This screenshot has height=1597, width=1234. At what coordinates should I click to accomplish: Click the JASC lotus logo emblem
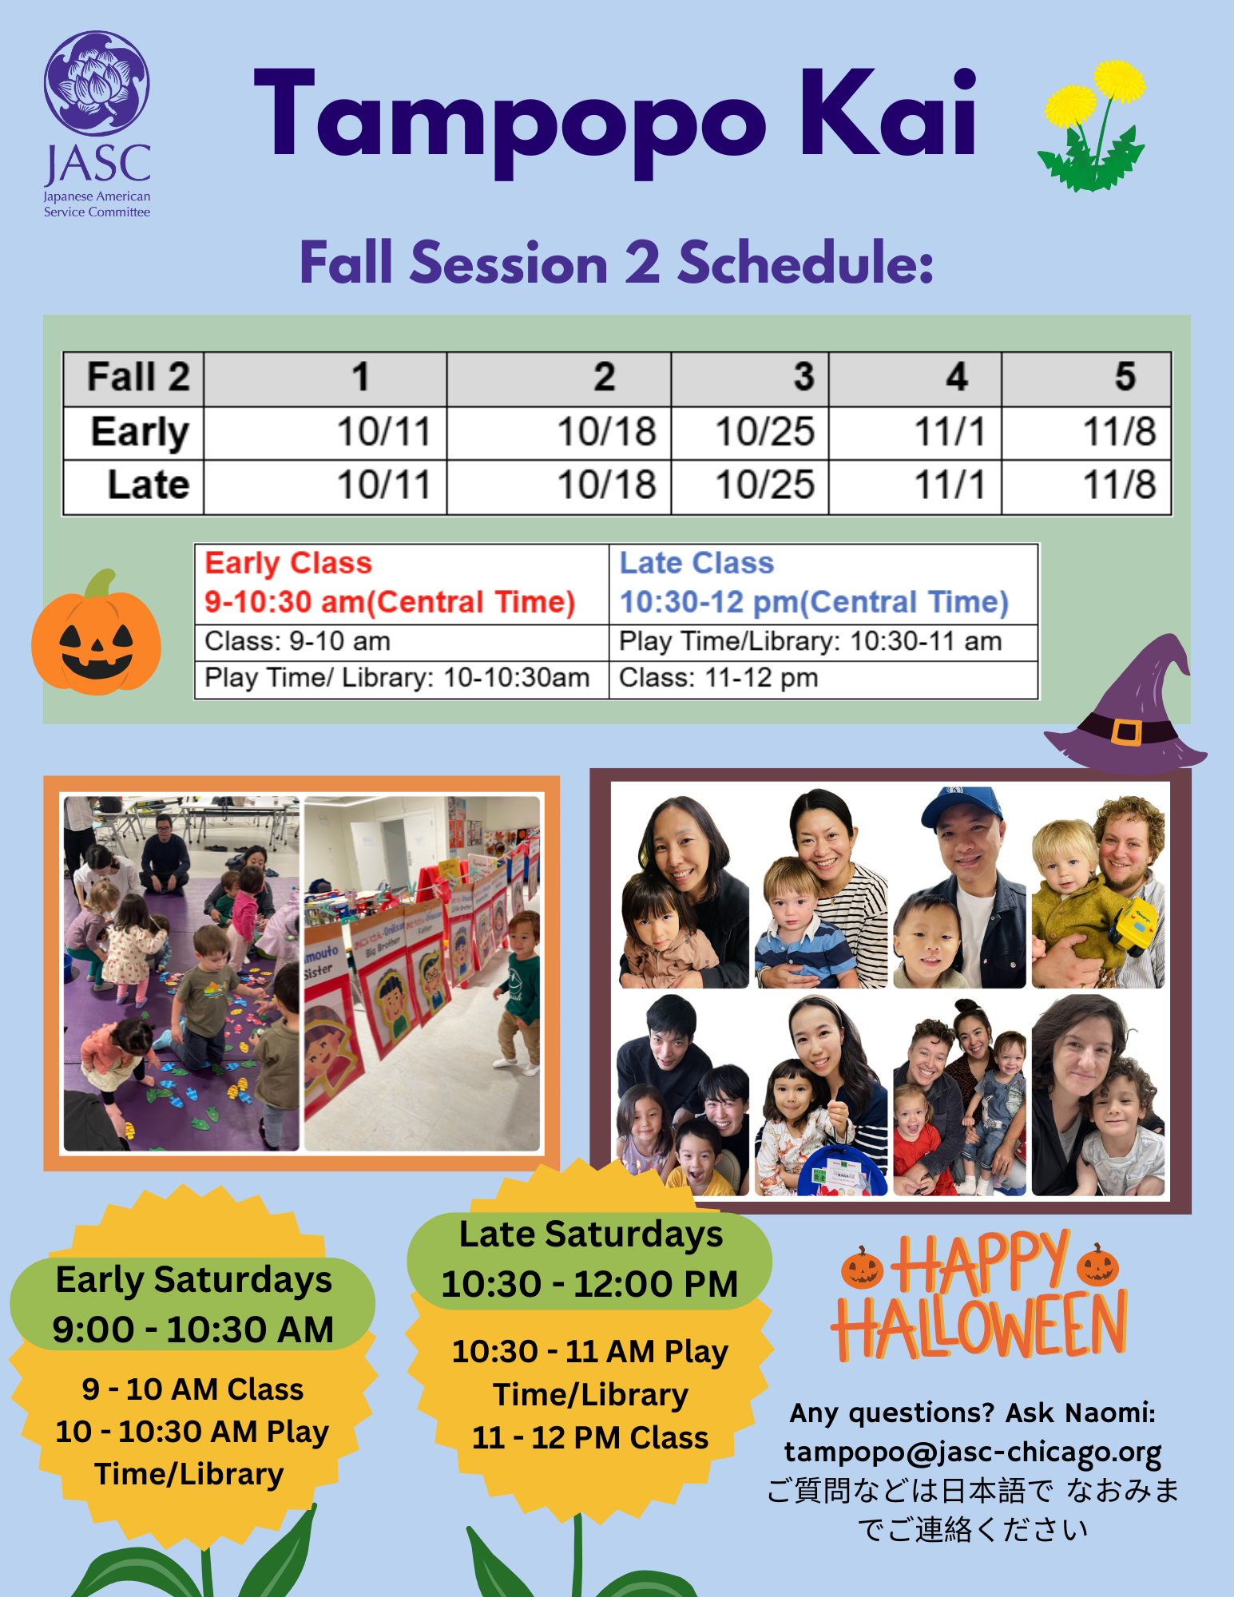(x=96, y=83)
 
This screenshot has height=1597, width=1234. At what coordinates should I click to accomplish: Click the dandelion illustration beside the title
(x=1093, y=126)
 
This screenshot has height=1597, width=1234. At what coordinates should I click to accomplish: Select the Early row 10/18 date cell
(x=559, y=433)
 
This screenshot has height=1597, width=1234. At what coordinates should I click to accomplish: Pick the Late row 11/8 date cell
(x=1086, y=485)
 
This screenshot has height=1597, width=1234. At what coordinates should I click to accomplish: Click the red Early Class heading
(x=288, y=564)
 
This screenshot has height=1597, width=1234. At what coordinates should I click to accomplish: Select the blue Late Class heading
(x=697, y=564)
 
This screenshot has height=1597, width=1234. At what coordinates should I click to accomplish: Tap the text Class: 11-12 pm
(x=719, y=678)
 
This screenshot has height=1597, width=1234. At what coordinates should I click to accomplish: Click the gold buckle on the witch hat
(x=1126, y=731)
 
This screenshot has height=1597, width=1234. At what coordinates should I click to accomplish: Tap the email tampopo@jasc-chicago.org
(x=973, y=1452)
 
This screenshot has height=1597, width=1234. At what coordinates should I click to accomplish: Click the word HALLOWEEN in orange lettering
(x=979, y=1326)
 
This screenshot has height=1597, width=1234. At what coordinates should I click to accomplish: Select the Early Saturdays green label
(x=192, y=1304)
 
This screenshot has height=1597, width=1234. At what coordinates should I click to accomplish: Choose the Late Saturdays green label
(x=589, y=1260)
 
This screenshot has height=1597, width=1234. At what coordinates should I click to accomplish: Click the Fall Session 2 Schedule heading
(x=617, y=263)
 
